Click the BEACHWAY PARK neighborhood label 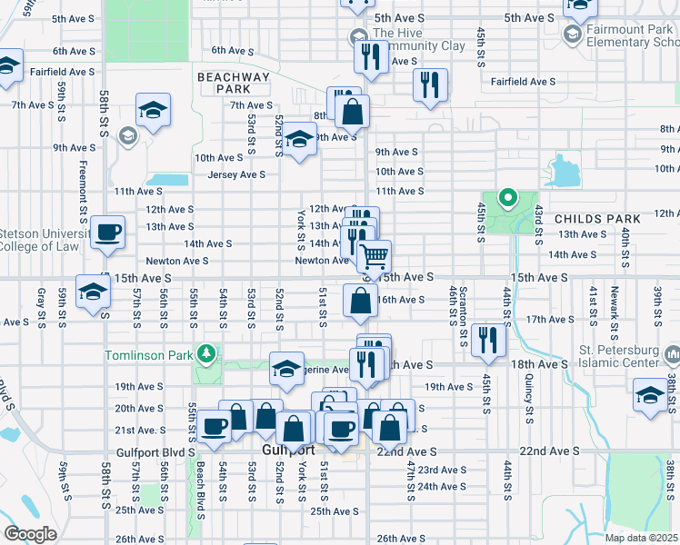point(234,83)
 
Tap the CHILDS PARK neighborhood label point(597,219)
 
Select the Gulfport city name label point(288,450)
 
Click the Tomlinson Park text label point(148,354)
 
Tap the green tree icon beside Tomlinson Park point(208,352)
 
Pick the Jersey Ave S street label point(236,174)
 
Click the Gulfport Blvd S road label point(155,451)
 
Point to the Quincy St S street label point(528,402)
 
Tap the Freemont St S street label point(83,192)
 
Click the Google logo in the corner point(30,534)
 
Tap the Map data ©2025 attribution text point(642,538)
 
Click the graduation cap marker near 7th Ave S point(153,111)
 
